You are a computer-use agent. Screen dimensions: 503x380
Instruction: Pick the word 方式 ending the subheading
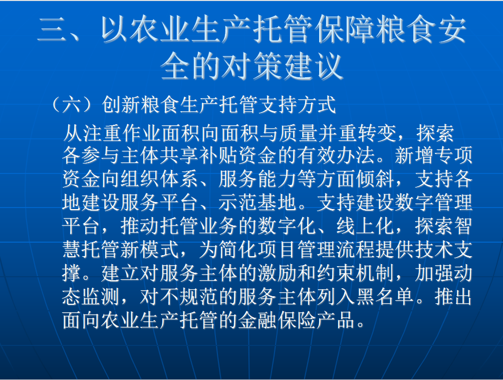click(x=317, y=105)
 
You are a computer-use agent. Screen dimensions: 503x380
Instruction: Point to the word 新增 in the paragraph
click(x=414, y=155)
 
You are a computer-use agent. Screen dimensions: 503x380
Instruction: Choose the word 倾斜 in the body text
click(x=375, y=179)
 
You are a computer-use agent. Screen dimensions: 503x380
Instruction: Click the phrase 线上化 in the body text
click(x=365, y=226)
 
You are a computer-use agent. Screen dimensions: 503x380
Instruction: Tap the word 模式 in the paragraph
click(x=160, y=249)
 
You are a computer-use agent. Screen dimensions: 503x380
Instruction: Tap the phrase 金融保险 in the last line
click(x=278, y=320)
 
